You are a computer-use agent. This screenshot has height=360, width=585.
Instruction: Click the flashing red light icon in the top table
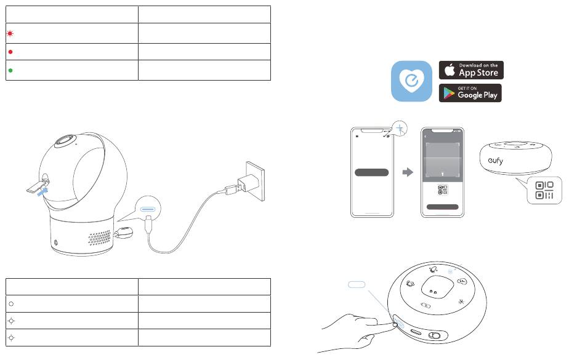click(10, 34)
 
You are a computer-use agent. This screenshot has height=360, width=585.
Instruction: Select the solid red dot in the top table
click(10, 52)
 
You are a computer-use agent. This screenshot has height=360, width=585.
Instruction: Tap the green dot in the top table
click(10, 70)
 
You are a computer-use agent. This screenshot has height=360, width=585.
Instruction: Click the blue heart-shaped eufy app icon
click(411, 81)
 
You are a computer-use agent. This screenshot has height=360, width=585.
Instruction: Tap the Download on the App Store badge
click(471, 70)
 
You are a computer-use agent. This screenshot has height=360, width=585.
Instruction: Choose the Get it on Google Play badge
click(470, 93)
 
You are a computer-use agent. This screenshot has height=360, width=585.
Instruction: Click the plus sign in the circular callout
click(400, 129)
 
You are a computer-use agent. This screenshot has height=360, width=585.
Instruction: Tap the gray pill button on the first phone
click(371, 172)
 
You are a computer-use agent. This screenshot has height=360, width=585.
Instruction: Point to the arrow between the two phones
click(408, 172)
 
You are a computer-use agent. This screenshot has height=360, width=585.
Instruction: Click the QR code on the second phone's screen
click(443, 190)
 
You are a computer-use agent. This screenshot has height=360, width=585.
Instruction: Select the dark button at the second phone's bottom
click(443, 207)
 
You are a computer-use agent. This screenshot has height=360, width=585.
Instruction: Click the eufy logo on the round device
click(496, 161)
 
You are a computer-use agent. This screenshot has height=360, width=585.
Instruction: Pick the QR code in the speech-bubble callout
click(544, 190)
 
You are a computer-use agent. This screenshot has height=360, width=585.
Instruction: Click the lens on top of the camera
click(66, 142)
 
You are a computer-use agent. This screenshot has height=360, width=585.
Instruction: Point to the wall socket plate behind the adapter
click(256, 181)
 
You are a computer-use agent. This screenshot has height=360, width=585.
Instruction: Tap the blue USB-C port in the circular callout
click(148, 209)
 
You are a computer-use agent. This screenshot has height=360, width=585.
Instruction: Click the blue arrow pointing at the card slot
click(42, 191)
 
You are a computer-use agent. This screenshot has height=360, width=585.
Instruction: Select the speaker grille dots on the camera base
click(100, 238)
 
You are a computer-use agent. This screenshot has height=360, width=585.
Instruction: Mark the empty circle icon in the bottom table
click(11, 304)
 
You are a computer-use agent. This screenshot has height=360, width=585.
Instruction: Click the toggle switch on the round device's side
click(435, 335)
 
